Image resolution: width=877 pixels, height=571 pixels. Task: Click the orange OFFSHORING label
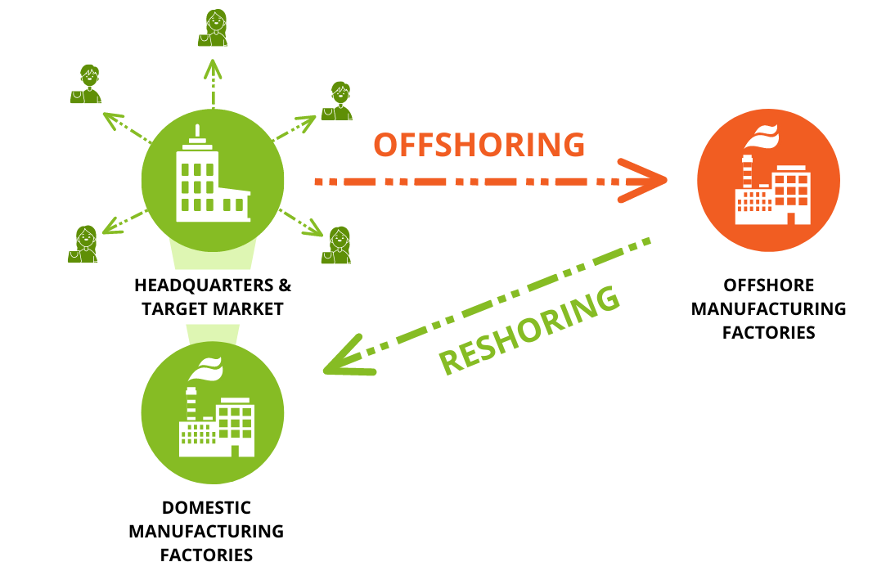pyautogui.click(x=479, y=144)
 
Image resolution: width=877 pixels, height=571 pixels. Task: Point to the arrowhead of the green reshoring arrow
pyautogui.click(x=344, y=358)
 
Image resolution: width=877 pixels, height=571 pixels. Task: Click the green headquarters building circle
pyautogui.click(x=213, y=180)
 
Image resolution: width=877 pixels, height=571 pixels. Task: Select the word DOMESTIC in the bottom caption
pyautogui.click(x=206, y=508)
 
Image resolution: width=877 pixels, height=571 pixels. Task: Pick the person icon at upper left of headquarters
pyautogui.click(x=87, y=84)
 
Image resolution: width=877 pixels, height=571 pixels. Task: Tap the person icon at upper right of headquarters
pyautogui.click(x=337, y=101)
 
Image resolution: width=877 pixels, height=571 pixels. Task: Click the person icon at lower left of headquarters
pyautogui.click(x=83, y=244)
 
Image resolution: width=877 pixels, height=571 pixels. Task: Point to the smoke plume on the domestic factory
pyautogui.click(x=205, y=368)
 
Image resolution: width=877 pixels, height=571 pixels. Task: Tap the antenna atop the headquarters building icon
pyautogui.click(x=196, y=133)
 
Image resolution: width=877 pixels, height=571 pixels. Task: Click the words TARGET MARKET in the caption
pyautogui.click(x=212, y=308)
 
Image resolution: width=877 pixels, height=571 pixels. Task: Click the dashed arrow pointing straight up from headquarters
pyautogui.click(x=213, y=86)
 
